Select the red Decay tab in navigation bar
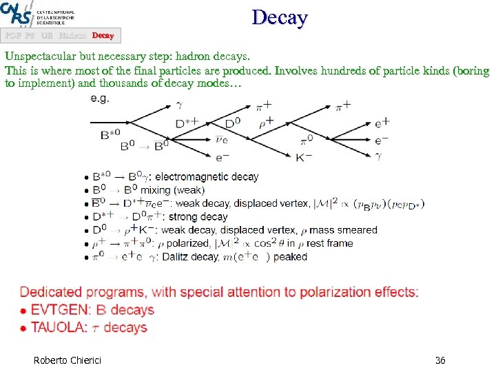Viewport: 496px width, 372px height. tap(103, 35)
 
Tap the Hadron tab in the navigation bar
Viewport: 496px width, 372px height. tap(72, 35)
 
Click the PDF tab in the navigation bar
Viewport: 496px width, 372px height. tap(13, 35)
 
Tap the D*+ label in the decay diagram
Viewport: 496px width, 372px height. tap(187, 123)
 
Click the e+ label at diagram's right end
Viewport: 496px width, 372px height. tap(382, 123)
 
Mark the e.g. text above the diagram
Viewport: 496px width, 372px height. tap(101, 99)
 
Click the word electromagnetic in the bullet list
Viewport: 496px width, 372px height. tap(207, 177)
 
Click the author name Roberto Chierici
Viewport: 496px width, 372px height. tap(67, 360)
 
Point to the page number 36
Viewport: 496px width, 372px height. tap(440, 360)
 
